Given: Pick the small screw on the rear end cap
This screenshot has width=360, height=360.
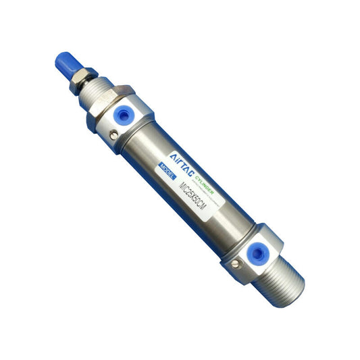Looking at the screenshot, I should [x=235, y=262].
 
